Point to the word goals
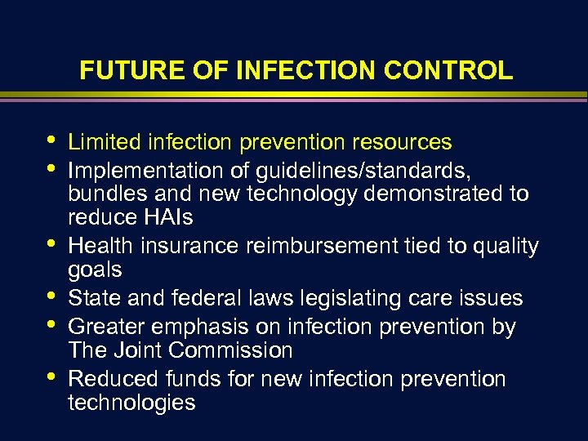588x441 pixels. pyautogui.click(x=95, y=269)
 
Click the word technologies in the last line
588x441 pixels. pyautogui.click(x=131, y=402)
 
